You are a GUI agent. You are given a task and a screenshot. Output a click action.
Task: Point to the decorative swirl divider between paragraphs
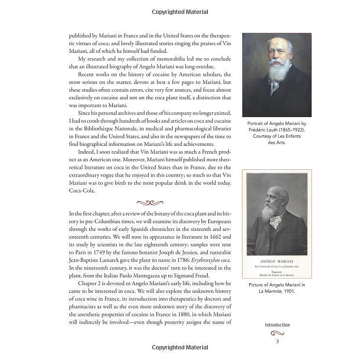pos(150,203)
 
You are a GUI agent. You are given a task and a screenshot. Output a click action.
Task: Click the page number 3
pos(277,341)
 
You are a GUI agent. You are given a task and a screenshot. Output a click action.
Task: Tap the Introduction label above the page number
pos(277,325)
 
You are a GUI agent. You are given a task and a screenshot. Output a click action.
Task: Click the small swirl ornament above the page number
pos(277,333)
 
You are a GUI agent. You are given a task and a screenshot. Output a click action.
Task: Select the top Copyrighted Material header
pos(180,12)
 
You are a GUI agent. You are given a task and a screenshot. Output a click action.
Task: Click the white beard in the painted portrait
pos(279,72)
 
